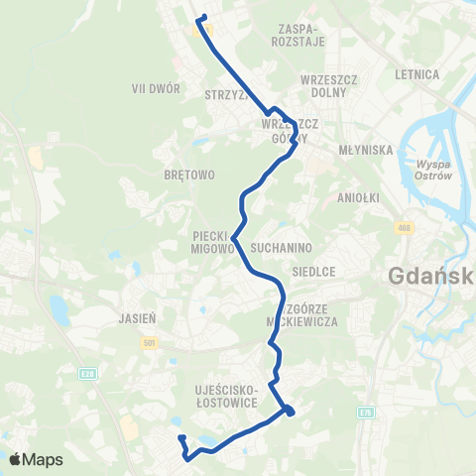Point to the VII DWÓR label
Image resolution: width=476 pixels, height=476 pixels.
coord(156,87)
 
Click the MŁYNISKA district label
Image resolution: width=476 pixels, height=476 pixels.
coord(367,151)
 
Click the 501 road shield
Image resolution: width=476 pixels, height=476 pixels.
coord(150,341)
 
